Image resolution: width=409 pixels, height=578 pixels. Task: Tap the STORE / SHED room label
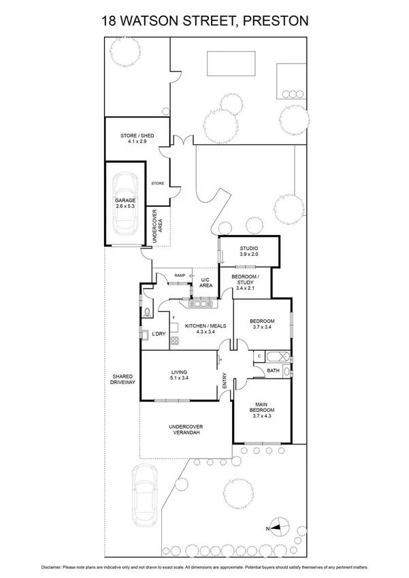137,136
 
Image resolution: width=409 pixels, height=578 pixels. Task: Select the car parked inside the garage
125,202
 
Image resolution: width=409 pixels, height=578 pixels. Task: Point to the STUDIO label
248,248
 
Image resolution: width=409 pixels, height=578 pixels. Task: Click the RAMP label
180,275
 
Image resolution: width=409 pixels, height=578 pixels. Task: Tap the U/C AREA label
205,283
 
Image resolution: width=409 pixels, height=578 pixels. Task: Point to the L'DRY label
159,334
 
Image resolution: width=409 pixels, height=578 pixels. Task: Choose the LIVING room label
178,372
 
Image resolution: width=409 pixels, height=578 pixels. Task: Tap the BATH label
273,371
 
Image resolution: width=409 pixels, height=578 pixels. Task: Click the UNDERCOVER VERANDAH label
186,430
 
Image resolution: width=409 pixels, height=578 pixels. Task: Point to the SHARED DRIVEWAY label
122,379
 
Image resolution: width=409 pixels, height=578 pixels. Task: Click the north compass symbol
283,527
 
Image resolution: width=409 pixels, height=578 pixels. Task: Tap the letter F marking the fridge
174,317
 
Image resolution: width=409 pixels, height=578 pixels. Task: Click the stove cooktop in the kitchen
174,340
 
